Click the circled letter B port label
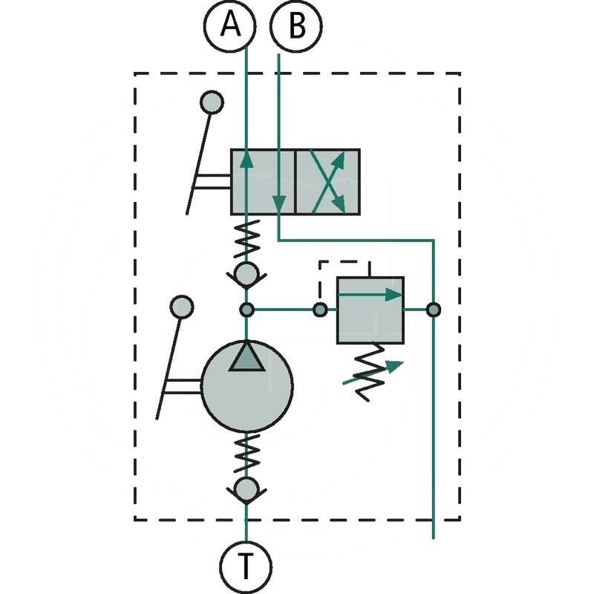click(296, 27)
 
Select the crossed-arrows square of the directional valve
click(328, 181)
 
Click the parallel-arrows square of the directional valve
click(263, 181)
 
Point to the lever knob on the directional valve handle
click(212, 102)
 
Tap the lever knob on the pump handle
click(181, 307)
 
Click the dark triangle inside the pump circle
click(246, 357)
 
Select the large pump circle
click(246, 386)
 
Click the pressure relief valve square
click(370, 310)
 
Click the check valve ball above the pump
click(246, 275)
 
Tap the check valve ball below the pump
click(246, 489)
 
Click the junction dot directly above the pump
click(247, 310)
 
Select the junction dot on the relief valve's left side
click(319, 310)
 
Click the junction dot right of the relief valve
click(433, 310)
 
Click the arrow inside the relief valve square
click(370, 294)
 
